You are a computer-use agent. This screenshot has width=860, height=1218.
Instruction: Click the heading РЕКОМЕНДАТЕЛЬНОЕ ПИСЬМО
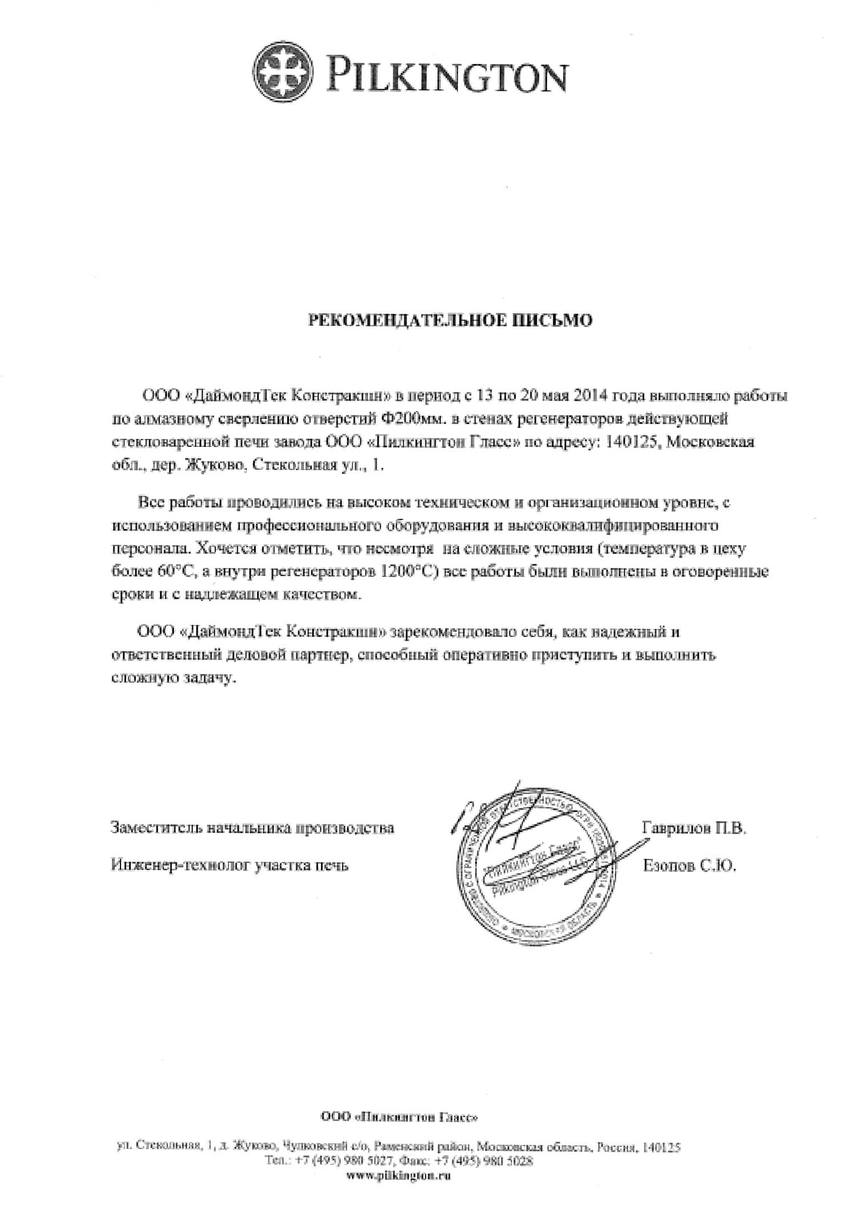[x=450, y=321]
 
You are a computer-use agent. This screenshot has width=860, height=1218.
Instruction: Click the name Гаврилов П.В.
[x=694, y=828]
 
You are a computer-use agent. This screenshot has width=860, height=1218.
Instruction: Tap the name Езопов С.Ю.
[x=690, y=866]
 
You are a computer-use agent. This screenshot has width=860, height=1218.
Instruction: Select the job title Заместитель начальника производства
[x=252, y=828]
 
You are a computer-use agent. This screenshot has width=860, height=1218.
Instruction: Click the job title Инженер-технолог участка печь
[x=230, y=866]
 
